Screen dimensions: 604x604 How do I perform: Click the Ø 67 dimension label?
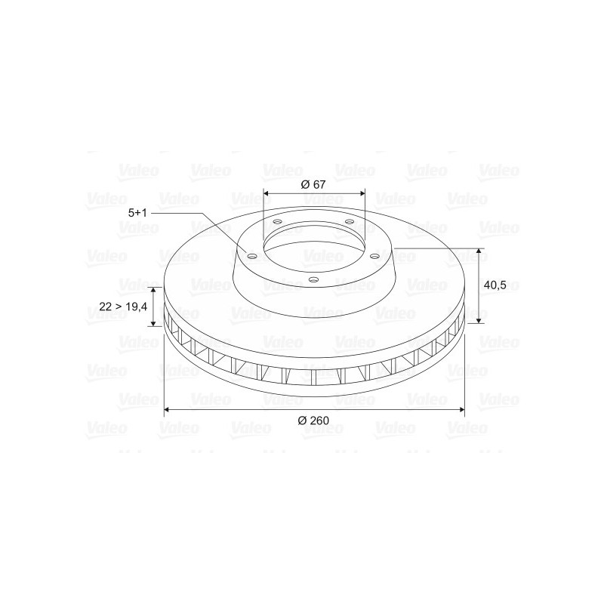point(313,184)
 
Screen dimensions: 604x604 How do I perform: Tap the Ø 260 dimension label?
point(313,421)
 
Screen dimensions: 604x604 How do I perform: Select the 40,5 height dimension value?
point(495,286)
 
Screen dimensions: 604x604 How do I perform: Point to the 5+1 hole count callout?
point(137,213)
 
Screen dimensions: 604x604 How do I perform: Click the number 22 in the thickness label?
point(105,307)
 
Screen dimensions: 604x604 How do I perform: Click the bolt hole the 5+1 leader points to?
point(251,257)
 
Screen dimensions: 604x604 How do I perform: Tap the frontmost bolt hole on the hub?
point(314,279)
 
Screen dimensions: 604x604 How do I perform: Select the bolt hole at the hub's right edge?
point(374,255)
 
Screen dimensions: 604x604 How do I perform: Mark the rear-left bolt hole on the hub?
point(277,222)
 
